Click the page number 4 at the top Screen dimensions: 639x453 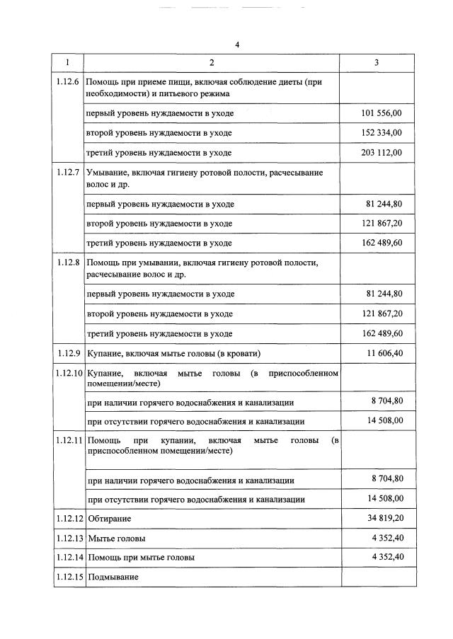237,45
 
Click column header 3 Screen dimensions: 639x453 376,63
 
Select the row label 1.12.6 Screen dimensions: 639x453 68,83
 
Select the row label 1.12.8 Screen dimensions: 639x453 68,263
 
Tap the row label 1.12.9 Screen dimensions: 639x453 70,352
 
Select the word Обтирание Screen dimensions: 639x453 109,519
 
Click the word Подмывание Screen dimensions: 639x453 113,577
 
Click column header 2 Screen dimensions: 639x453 211,63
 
